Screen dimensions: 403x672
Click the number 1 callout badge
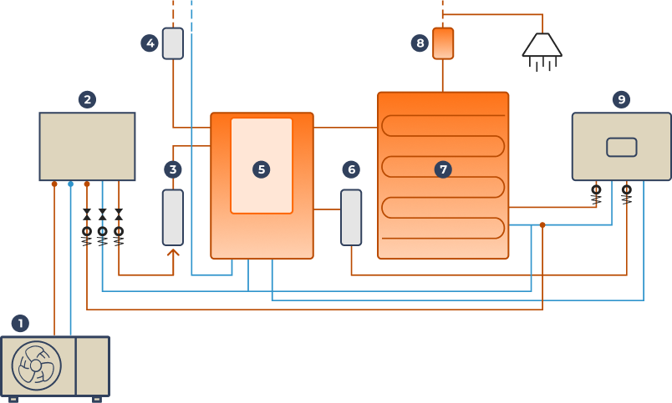tap(20, 323)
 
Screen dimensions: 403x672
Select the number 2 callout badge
tap(87, 100)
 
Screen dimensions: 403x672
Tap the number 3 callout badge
tap(173, 169)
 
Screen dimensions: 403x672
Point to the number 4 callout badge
tap(150, 43)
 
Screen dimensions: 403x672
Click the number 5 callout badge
tap(262, 169)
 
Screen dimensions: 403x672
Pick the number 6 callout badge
tap(351, 169)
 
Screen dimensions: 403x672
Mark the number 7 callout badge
tap(443, 169)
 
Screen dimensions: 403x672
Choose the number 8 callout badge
tap(420, 43)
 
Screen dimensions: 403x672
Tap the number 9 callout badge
tap(620, 100)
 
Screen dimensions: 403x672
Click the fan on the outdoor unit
tap(36, 365)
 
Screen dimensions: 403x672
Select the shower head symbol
tap(542, 48)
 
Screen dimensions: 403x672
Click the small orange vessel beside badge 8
tap(443, 43)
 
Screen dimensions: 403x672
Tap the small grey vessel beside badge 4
tap(173, 43)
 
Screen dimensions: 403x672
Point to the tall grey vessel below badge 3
tap(173, 217)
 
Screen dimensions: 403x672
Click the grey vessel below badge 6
tap(351, 217)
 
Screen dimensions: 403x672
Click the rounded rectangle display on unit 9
tap(621, 147)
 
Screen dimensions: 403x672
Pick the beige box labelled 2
tap(87, 147)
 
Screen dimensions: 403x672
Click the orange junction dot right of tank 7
tap(542, 224)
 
